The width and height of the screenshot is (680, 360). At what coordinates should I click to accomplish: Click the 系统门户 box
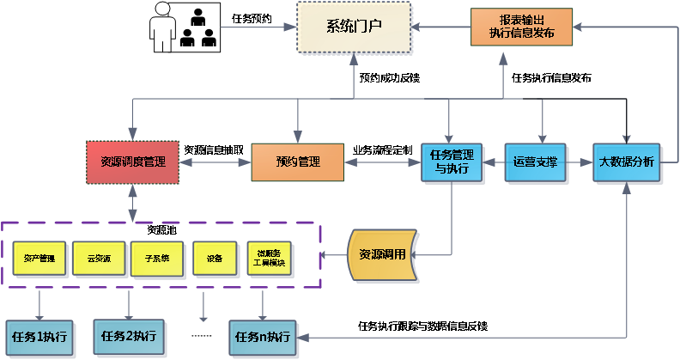354,27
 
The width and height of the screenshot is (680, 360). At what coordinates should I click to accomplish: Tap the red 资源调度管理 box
133,162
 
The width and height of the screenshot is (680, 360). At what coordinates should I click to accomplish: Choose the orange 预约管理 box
297,162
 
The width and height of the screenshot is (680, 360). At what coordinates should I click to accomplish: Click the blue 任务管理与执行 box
448,162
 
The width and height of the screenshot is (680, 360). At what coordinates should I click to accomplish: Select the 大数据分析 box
628,162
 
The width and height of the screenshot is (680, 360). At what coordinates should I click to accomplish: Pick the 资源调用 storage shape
383,255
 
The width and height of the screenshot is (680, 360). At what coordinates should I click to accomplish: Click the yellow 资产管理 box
39,258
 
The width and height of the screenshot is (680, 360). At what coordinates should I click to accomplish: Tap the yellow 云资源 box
98,258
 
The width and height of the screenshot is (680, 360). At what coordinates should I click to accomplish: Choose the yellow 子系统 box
156,258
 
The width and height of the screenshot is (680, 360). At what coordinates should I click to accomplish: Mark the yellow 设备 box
214,258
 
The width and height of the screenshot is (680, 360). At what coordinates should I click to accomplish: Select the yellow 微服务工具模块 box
271,258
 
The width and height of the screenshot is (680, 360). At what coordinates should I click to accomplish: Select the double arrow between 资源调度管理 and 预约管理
215,162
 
